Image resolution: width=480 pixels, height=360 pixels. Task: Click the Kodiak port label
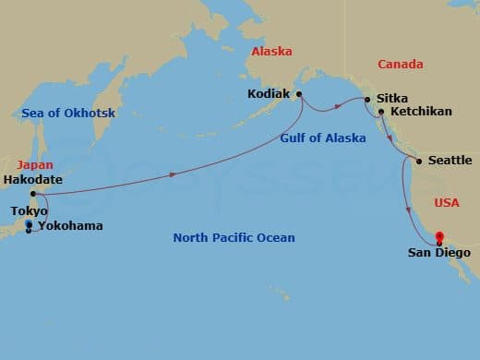pos(270,94)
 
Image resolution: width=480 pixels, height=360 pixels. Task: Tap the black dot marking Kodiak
pos(299,94)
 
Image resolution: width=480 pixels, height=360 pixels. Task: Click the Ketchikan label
pos(421,112)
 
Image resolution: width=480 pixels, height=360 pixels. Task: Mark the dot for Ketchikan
pos(381,112)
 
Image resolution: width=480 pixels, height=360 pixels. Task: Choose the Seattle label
pos(450,161)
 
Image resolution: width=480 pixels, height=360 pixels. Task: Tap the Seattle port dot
pos(419,162)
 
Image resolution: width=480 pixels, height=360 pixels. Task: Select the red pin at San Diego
pos(439,236)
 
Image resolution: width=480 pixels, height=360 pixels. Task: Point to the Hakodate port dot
pos(32,194)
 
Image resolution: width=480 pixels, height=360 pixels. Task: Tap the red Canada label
pos(401,65)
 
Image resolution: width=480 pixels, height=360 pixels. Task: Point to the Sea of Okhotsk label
pos(61,114)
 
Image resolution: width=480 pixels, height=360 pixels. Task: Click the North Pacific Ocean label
pos(234,238)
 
